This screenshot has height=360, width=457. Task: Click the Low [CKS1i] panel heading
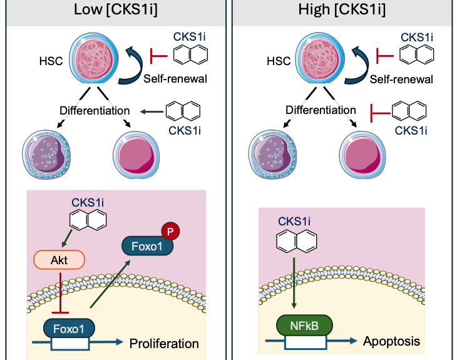116,9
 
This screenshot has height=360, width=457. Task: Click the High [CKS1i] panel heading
342,9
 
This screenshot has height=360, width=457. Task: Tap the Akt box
59,260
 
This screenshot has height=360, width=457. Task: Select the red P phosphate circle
170,231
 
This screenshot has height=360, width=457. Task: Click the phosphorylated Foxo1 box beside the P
147,246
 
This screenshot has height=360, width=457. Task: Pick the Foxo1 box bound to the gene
69,329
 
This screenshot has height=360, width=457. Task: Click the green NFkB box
304,326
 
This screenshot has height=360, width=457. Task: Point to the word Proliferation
164,344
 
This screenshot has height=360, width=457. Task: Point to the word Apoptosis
391,341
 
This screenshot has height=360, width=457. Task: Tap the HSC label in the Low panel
51,61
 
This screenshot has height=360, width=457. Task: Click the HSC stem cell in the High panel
320,58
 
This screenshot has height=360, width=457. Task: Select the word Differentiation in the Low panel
95,111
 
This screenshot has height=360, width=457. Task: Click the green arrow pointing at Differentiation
151,111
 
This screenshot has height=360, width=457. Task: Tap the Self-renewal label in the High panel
401,80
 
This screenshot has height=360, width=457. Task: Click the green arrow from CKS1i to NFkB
294,283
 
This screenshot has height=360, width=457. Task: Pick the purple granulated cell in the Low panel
46,155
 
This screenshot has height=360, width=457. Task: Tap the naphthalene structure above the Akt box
88,219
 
